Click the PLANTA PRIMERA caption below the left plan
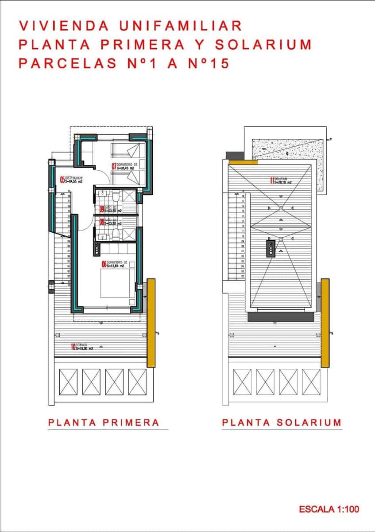pyautogui.click(x=104, y=422)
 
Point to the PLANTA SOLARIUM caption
pyautogui.click(x=282, y=422)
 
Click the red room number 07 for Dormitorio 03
pyautogui.click(x=113, y=167)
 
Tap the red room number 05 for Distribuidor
pyautogui.click(x=62, y=180)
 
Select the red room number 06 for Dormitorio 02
pyautogui.click(x=104, y=265)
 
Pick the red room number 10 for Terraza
pyautogui.click(x=73, y=347)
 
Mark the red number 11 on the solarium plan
pyautogui.click(x=271, y=180)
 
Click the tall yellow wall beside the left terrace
pyautogui.click(x=151, y=322)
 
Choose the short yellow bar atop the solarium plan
pyautogui.click(x=243, y=162)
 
